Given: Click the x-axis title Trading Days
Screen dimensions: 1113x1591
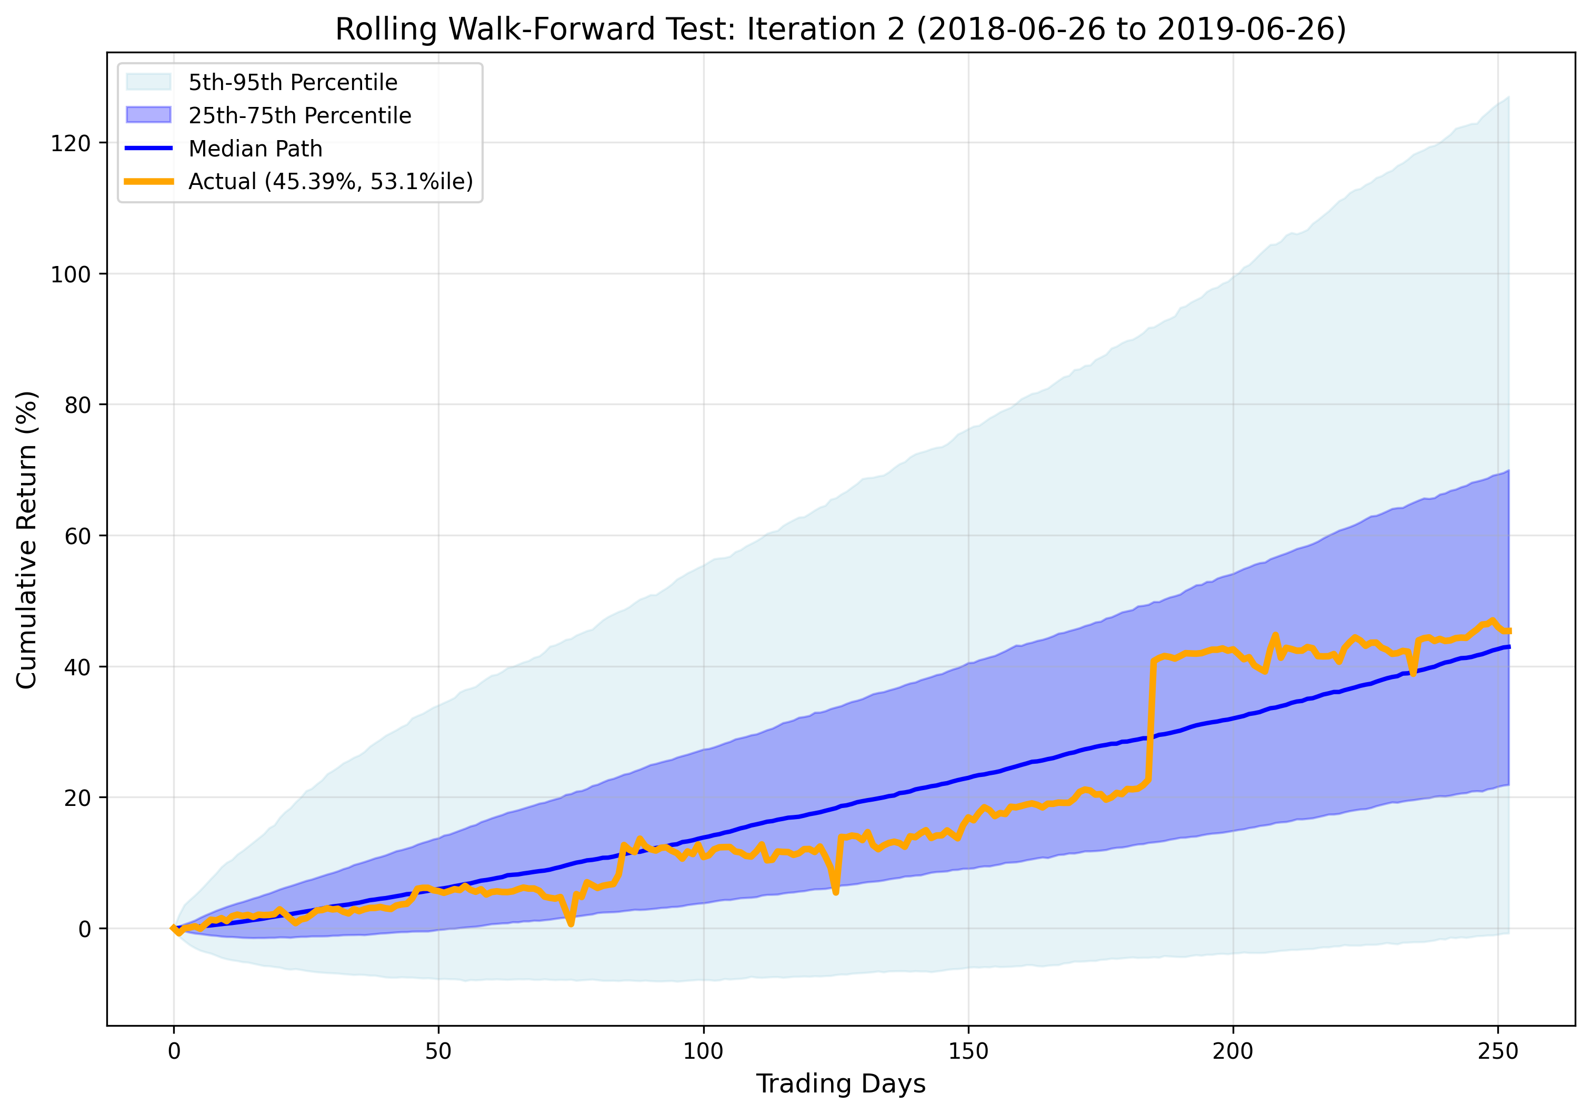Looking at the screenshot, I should point(840,1083).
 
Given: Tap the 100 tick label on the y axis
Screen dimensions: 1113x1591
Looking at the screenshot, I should point(71,274).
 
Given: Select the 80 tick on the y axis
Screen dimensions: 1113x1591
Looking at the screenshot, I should point(77,405).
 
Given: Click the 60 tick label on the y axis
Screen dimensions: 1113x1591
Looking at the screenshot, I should point(77,536).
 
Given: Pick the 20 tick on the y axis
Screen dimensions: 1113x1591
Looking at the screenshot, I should point(77,798).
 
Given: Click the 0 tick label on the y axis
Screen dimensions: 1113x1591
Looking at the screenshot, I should point(85,929).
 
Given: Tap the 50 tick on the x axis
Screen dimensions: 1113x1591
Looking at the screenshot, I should point(438,1051).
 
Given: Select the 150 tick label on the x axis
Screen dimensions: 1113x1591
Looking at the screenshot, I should point(968,1051).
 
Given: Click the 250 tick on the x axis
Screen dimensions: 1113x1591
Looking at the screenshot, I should point(1497,1051).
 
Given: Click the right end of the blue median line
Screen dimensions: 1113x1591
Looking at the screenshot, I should point(1508,647).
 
